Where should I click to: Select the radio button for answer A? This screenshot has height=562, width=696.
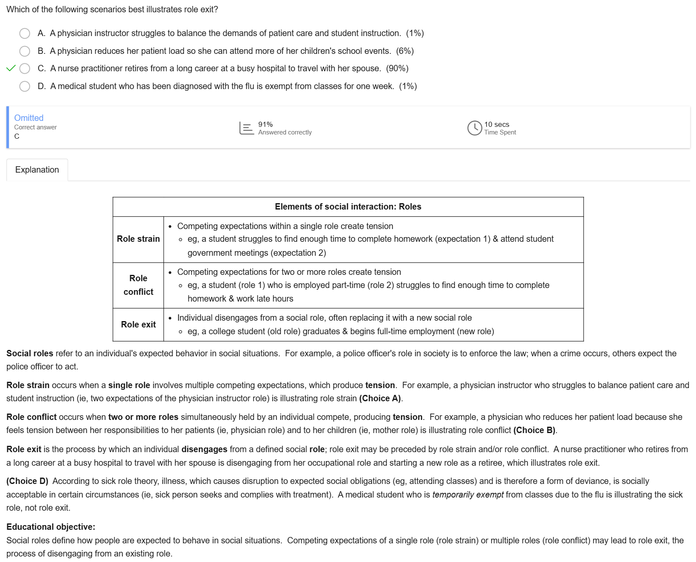(x=25, y=34)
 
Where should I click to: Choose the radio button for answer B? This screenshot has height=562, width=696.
(x=25, y=51)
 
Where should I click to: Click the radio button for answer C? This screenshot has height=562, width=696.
(x=25, y=69)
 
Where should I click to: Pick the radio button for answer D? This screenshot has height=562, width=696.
(x=25, y=87)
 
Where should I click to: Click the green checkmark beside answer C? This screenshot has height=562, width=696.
(x=11, y=68)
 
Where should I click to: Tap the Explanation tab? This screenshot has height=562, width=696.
(x=37, y=170)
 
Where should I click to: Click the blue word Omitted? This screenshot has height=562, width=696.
(x=29, y=118)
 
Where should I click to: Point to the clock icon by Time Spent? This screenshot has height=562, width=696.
(x=474, y=128)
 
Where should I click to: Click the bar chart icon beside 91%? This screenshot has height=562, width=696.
(x=246, y=128)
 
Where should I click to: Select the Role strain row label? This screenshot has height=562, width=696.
(x=138, y=239)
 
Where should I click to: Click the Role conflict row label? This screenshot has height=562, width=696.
(x=138, y=285)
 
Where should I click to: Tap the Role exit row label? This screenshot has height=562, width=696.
(x=138, y=324)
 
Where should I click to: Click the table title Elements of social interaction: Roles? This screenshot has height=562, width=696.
(x=348, y=207)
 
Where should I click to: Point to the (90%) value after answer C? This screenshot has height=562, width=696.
(x=397, y=69)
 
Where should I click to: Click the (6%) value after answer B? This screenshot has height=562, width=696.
(x=405, y=51)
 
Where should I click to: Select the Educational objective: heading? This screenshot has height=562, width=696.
(x=51, y=527)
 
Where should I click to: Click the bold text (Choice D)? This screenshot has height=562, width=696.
(x=28, y=481)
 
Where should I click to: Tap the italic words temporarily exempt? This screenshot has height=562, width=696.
(x=468, y=495)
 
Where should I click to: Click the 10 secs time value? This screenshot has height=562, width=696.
(x=497, y=124)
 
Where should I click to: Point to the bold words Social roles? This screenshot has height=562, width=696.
(x=30, y=353)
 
